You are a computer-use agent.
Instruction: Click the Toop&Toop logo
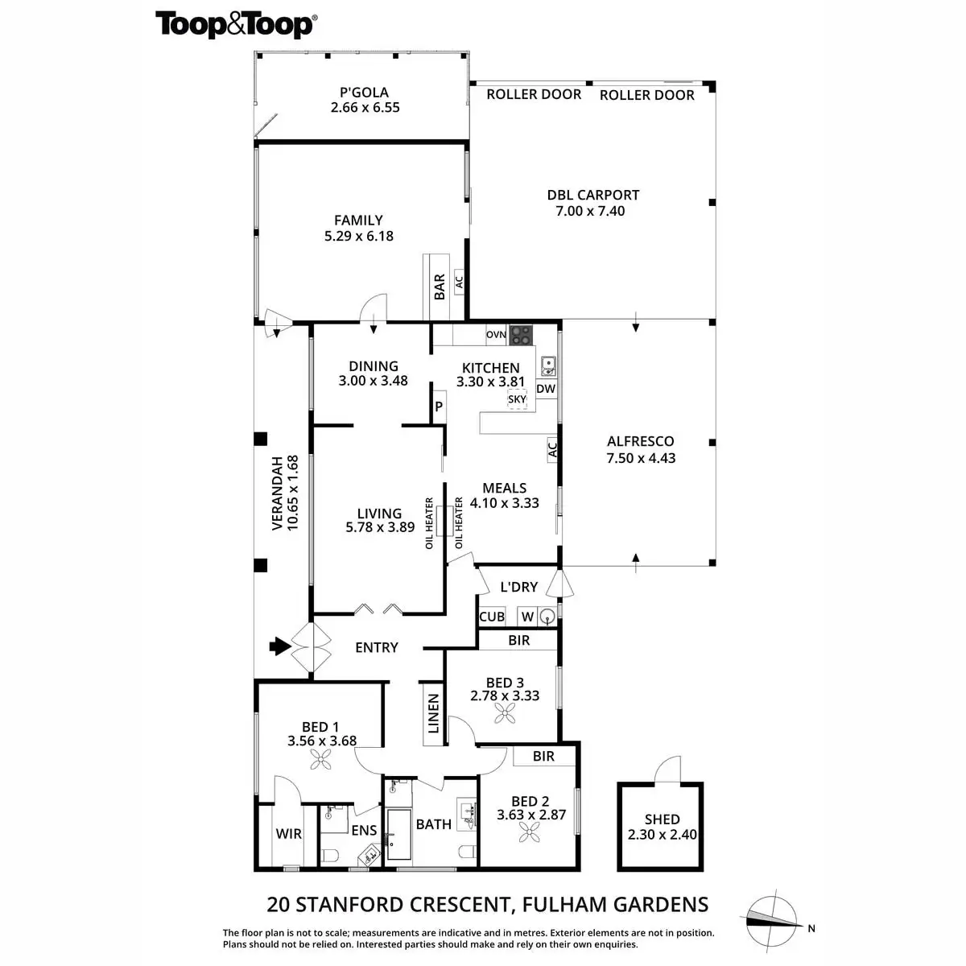[235, 24]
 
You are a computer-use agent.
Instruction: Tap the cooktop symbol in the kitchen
[521, 333]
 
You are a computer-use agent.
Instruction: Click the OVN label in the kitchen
[496, 334]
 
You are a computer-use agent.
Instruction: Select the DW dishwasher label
[546, 389]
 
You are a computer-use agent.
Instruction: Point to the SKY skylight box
[517, 399]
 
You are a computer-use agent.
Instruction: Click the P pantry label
[439, 407]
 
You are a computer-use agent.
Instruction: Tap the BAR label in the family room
[440, 287]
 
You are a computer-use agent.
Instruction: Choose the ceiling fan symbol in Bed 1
[321, 758]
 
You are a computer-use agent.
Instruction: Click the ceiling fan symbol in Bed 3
[506, 712]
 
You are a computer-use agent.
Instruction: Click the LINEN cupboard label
[433, 713]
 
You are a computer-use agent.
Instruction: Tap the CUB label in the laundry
[492, 617]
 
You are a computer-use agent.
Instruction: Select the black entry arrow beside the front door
[279, 646]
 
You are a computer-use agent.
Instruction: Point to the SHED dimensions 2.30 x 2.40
[662, 834]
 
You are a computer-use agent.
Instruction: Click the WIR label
[288, 833]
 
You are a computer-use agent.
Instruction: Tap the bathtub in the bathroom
[399, 834]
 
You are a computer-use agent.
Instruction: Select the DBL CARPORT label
[592, 195]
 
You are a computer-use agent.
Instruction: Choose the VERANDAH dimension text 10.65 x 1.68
[293, 492]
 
